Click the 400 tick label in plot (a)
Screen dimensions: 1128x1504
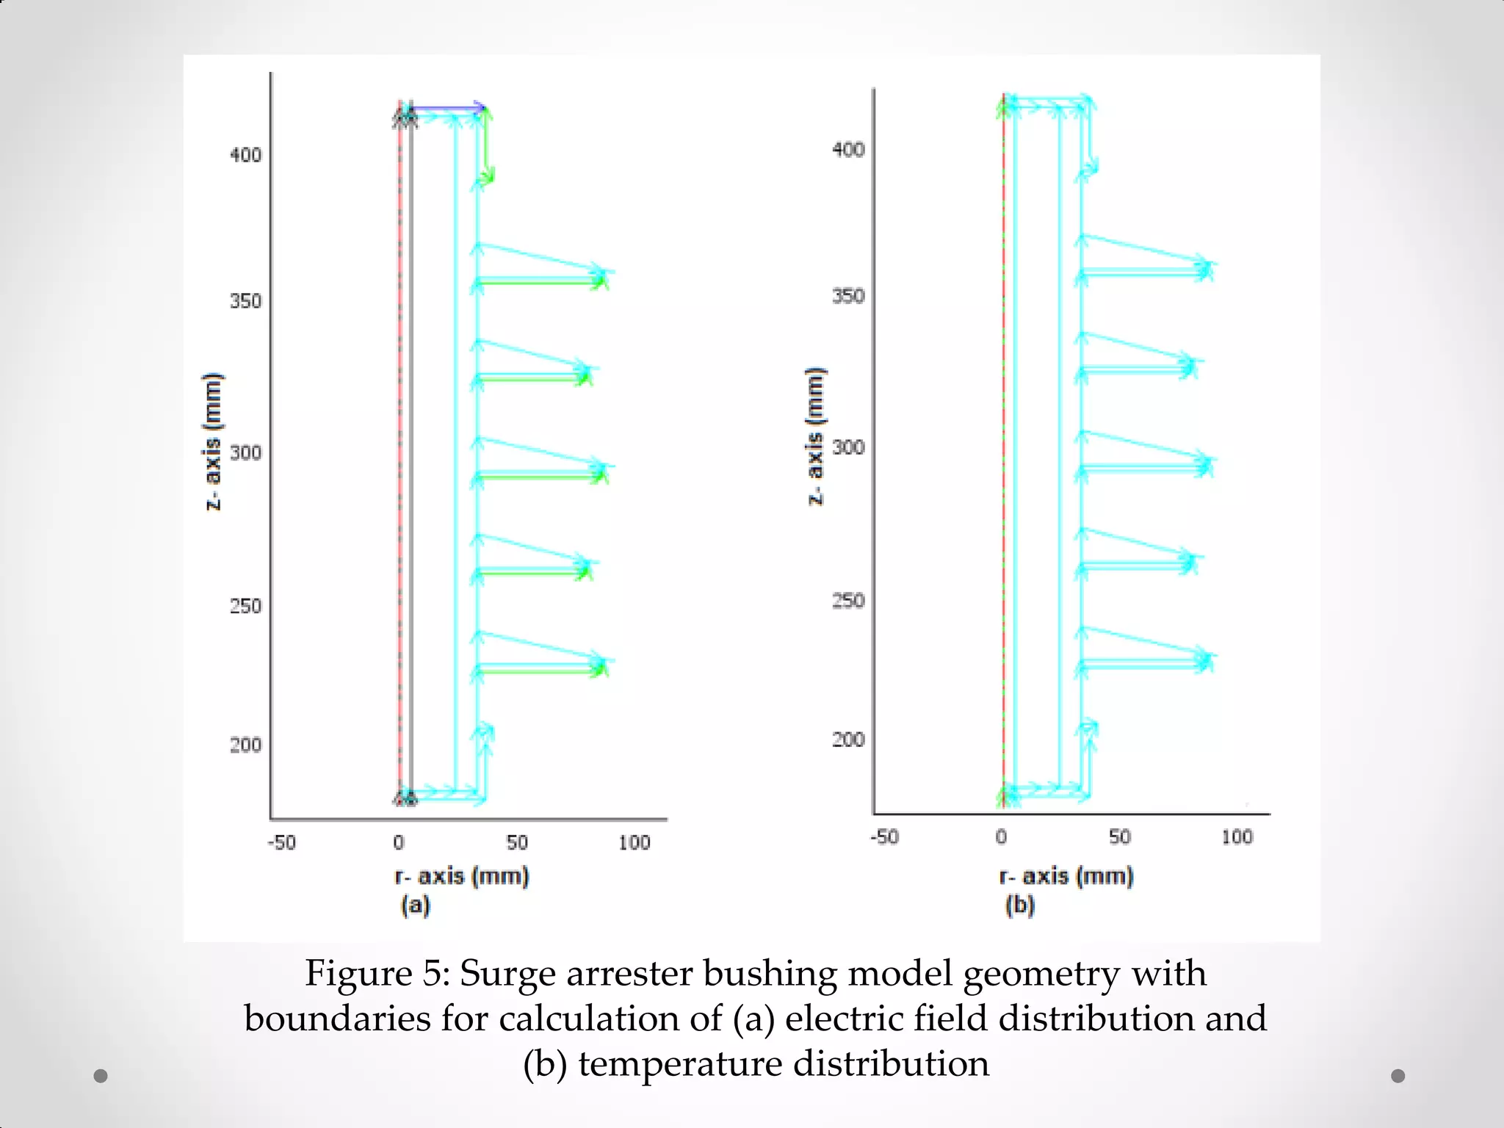coord(245,155)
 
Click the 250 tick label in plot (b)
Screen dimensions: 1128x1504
coord(847,601)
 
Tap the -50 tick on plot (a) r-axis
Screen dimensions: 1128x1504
coord(281,842)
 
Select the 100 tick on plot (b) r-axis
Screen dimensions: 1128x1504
coord(1237,836)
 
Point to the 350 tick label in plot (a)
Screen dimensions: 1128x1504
coord(245,301)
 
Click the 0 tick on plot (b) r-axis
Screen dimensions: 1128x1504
coord(1001,836)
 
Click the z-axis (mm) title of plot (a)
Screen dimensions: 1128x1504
coord(212,441)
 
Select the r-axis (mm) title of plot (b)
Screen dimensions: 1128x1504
coord(1066,876)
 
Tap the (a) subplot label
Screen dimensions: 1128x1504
coord(415,905)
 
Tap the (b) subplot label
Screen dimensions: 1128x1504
coord(1019,905)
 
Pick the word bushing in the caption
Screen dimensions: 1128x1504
coord(770,974)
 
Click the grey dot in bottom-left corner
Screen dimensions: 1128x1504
coord(101,1076)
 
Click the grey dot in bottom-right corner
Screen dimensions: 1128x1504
coord(1398,1076)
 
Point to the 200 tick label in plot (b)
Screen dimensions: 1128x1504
coord(847,740)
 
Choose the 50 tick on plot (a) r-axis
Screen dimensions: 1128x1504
coord(517,842)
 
